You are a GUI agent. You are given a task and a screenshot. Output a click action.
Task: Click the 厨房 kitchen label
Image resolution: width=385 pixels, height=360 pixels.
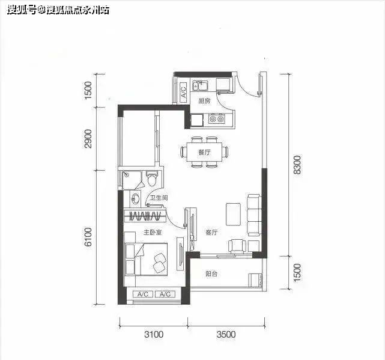(x=204, y=101)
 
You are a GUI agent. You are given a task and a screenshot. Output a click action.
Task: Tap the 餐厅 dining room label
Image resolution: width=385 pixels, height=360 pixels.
(x=204, y=152)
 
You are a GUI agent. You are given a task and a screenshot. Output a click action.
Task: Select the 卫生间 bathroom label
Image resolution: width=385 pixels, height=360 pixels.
(x=159, y=198)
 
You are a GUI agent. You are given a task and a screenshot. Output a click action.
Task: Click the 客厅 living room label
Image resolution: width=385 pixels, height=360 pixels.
(x=211, y=231)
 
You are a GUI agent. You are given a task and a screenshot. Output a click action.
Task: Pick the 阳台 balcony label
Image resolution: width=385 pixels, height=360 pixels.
(x=211, y=273)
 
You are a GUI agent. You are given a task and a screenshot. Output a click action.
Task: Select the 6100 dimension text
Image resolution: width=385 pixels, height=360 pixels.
(x=89, y=237)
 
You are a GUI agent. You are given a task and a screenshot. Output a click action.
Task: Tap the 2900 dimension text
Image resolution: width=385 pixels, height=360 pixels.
(x=89, y=139)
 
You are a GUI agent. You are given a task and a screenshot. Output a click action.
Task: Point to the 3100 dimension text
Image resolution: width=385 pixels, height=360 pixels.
(x=154, y=334)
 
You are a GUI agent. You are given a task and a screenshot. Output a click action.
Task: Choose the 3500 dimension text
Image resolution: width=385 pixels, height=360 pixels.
(x=226, y=334)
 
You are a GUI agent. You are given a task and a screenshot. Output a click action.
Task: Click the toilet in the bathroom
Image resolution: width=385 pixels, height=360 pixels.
(x=153, y=178)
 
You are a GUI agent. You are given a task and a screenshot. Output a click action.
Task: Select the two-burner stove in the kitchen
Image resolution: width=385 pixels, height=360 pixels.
(x=216, y=120)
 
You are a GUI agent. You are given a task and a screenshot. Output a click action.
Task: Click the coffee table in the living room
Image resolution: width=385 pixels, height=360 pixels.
(x=233, y=215)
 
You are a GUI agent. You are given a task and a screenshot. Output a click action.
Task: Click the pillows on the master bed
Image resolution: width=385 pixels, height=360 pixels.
(x=160, y=260)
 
